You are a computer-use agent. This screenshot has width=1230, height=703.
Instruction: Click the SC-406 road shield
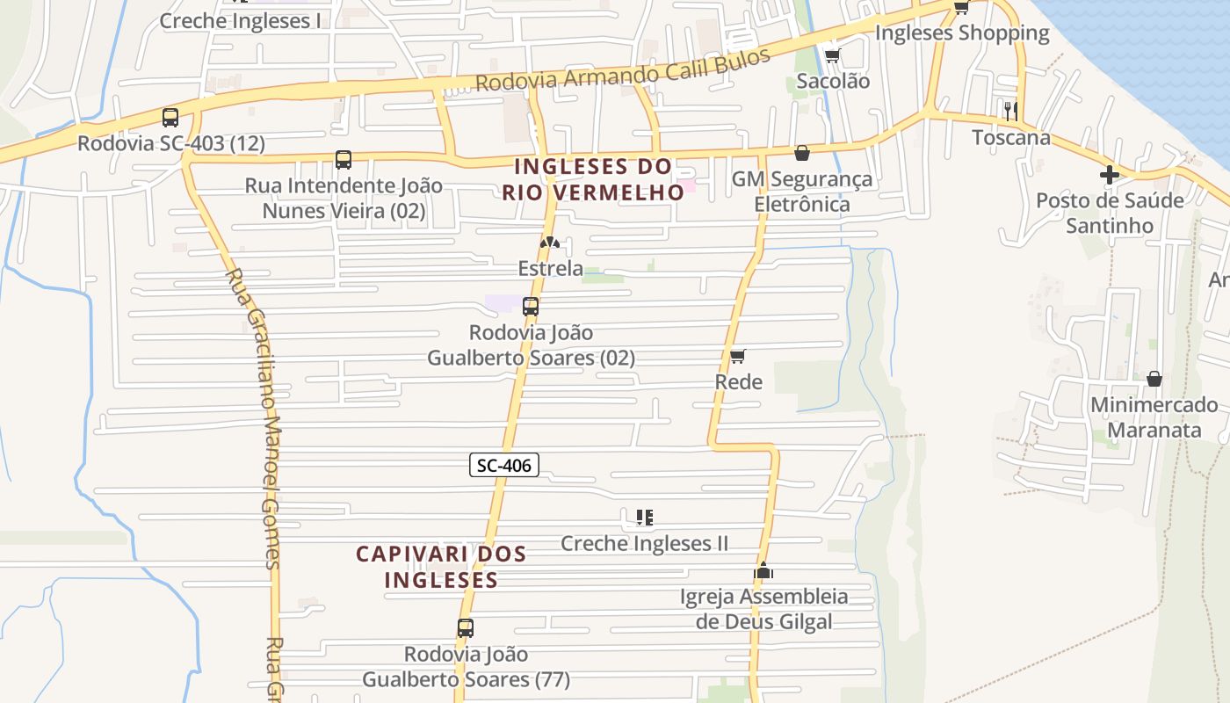(x=503, y=465)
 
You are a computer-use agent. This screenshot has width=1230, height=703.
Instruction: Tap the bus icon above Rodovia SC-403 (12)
(x=170, y=117)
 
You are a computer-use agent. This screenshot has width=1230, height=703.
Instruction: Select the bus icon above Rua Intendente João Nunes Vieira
(x=344, y=160)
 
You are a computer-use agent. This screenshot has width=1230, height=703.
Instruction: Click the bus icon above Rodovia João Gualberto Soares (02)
(x=531, y=307)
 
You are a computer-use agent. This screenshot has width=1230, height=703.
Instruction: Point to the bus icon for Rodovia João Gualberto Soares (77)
(x=466, y=628)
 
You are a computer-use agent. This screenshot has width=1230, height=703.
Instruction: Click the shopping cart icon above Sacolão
(x=832, y=56)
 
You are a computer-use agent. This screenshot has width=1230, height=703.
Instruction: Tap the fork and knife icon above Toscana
(x=1011, y=111)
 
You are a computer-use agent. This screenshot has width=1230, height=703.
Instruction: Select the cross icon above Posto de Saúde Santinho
(x=1110, y=174)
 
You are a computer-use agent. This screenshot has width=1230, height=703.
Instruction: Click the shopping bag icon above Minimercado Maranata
(x=1154, y=379)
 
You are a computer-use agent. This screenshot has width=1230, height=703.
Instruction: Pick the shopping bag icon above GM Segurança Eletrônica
(x=802, y=153)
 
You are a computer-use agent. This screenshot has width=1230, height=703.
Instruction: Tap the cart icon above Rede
(x=738, y=356)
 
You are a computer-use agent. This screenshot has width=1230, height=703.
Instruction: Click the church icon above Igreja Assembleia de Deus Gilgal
(x=763, y=571)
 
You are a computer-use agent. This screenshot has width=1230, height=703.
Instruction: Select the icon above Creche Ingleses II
(x=645, y=518)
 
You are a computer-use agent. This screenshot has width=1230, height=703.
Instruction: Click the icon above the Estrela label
(x=550, y=242)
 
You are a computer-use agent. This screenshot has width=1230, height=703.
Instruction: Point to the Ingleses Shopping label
(x=962, y=33)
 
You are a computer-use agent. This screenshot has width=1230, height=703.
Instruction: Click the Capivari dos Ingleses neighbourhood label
(x=441, y=567)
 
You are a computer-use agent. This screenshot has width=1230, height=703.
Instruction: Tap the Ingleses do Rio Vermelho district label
(x=593, y=179)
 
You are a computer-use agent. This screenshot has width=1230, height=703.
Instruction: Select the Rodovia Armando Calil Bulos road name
(x=623, y=69)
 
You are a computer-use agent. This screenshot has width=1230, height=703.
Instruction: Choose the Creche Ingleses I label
(x=240, y=21)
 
